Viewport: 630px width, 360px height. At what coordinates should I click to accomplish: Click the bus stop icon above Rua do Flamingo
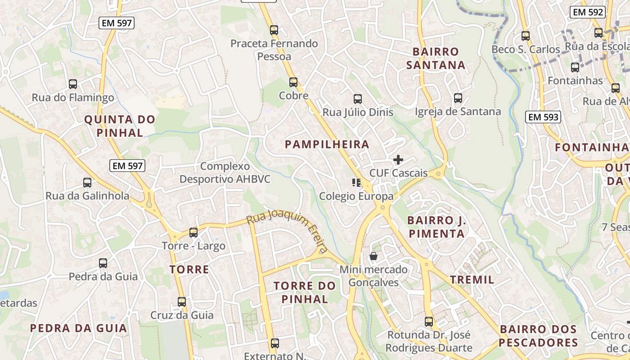73,84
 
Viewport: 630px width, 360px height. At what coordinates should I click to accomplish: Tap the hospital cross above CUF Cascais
398,160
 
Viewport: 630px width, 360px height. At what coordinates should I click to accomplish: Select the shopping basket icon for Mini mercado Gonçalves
373,256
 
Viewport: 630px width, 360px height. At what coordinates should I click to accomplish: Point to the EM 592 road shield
588,12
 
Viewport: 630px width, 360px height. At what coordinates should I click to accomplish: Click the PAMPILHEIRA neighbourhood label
327,144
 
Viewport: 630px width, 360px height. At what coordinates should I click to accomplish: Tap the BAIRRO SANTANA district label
436,58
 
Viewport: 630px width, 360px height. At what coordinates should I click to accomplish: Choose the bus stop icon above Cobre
293,82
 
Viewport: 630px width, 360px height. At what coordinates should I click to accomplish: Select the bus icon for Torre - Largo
193,233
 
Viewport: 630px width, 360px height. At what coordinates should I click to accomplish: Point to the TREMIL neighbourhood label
472,279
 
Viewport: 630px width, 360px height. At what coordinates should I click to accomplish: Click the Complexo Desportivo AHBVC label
225,172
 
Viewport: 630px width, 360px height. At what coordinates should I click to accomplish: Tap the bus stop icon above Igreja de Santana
458,98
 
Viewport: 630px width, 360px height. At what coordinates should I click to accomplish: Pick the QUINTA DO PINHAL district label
120,126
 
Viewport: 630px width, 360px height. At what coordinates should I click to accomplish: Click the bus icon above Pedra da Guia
103,263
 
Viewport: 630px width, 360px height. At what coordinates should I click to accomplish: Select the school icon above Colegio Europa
356,183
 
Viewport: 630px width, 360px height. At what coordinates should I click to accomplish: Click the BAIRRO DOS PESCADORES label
538,336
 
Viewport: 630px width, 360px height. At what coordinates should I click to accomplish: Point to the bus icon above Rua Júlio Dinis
358,99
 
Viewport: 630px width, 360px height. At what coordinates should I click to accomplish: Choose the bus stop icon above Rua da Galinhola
87,183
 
